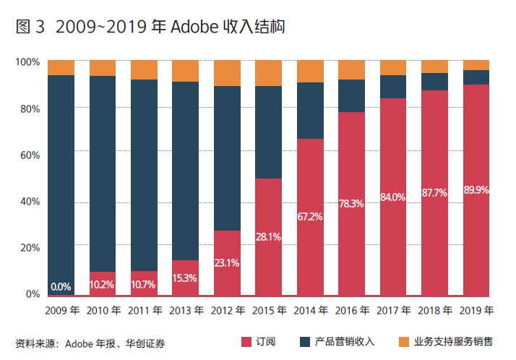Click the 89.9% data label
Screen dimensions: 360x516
click(x=476, y=190)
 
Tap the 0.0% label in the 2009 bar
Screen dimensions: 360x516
click(x=61, y=286)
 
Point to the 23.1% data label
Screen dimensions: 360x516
click(x=227, y=263)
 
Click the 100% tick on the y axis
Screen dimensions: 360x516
click(x=27, y=62)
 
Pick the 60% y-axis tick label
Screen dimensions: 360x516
click(x=30, y=155)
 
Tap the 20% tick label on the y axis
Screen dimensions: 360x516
click(x=30, y=247)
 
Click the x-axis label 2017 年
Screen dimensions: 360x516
click(x=392, y=311)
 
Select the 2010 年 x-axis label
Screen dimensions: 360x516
click(x=103, y=311)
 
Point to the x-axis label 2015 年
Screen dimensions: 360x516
click(x=268, y=311)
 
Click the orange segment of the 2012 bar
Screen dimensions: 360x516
click(x=227, y=73)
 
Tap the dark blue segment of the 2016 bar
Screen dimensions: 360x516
click(x=351, y=95)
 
